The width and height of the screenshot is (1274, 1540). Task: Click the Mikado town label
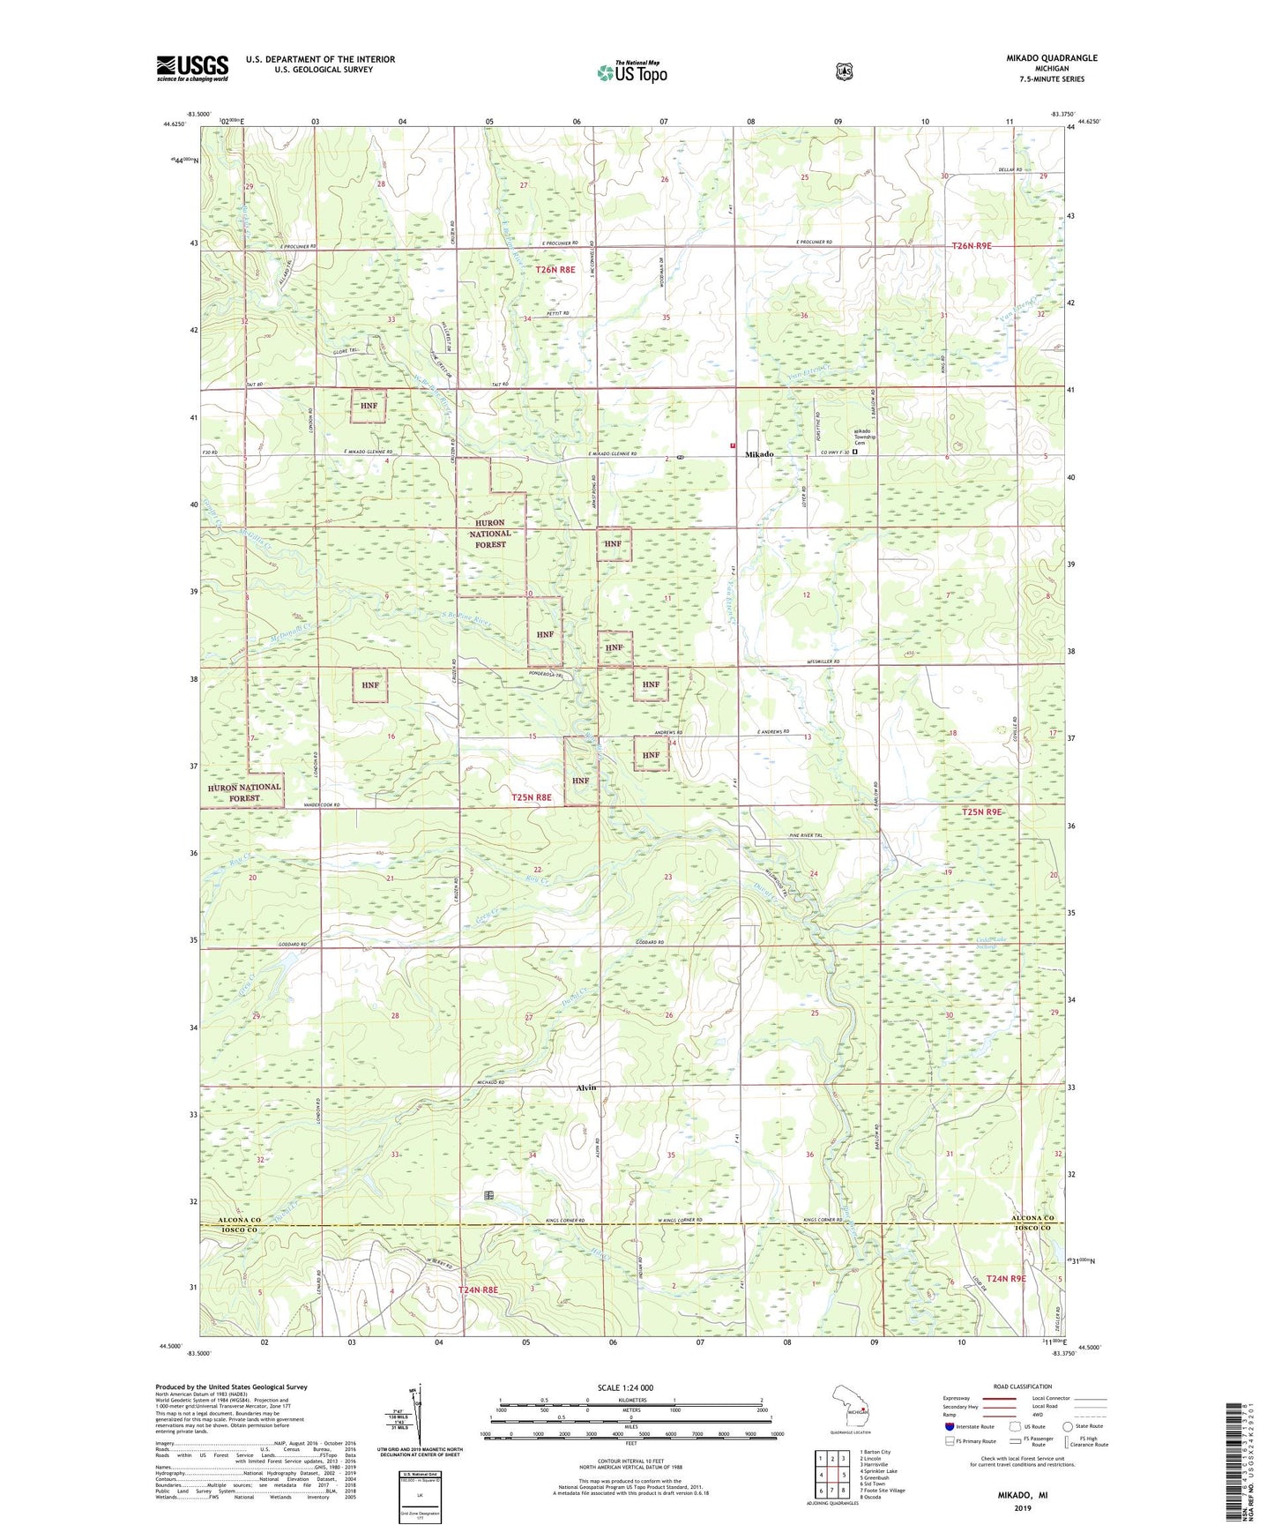[x=759, y=454]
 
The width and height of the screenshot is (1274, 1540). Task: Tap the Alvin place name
[x=586, y=1088]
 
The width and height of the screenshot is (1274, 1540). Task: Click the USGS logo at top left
[x=192, y=68]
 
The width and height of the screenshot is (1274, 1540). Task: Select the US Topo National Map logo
[x=631, y=72]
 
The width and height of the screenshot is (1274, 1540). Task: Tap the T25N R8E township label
[x=532, y=796]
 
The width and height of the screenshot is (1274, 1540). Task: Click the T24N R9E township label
[x=1006, y=1278]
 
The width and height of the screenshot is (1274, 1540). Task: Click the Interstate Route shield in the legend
[x=950, y=1425]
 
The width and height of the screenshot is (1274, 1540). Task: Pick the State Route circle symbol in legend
[x=1068, y=1425]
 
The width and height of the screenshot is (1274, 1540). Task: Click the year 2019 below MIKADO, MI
[x=1022, y=1507]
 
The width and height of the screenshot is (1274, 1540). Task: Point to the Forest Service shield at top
[x=845, y=71]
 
